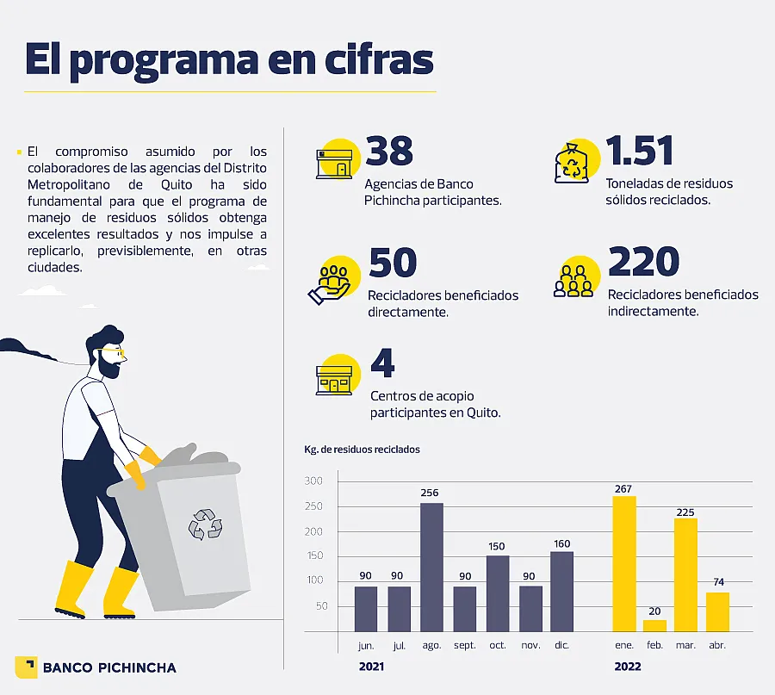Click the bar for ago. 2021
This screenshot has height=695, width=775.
[x=431, y=567]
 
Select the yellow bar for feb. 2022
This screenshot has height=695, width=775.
[x=654, y=625]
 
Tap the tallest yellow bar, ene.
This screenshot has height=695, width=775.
[x=624, y=563]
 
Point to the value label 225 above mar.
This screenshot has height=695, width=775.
[x=685, y=511]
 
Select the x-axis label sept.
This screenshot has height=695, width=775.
[x=464, y=644]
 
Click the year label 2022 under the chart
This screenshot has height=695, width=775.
[x=627, y=667]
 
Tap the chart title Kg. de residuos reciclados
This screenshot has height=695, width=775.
[x=362, y=450]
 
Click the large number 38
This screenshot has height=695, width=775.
[x=389, y=152]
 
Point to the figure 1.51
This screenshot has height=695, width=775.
[x=640, y=152]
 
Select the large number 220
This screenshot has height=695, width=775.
[x=643, y=263]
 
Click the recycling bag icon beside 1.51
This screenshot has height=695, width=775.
[x=571, y=164]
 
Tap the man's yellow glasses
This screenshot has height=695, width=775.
[x=116, y=352]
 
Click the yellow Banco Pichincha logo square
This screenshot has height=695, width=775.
[x=26, y=667]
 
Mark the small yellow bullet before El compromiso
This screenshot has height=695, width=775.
[x=19, y=152]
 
